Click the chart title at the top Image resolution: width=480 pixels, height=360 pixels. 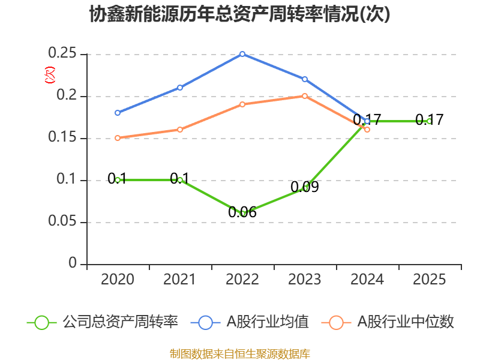240,14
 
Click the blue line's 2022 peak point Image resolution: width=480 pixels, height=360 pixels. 242,54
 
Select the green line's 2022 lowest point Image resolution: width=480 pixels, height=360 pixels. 242,214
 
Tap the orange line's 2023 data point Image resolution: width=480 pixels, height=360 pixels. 305,96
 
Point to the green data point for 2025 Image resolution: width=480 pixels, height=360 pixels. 429,121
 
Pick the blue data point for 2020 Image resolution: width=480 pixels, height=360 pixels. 118,113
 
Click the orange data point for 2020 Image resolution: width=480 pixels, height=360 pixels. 118,138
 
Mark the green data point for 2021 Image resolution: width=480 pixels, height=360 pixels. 180,180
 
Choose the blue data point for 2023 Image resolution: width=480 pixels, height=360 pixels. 305,79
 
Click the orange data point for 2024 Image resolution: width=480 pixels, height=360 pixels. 367,130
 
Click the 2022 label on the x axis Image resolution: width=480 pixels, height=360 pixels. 242,280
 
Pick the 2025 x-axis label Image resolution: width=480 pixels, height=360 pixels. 429,280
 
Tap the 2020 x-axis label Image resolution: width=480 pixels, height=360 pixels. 118,280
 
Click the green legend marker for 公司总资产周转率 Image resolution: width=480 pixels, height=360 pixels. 41,322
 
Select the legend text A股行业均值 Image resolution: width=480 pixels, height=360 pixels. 267,322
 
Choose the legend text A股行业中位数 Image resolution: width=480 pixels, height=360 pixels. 406,322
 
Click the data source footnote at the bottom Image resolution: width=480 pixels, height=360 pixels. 240,353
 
